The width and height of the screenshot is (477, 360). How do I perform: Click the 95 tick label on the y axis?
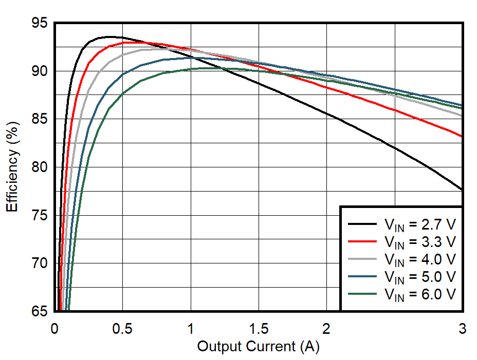39,24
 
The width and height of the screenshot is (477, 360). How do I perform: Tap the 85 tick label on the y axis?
39,119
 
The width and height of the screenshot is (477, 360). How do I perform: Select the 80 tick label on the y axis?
39,167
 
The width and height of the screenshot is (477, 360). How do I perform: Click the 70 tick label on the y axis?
39,263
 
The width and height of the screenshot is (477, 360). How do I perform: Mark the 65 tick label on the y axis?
39,311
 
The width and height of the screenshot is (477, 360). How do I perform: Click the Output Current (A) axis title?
258,347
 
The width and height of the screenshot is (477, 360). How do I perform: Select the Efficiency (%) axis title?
13,167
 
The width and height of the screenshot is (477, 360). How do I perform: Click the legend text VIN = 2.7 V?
419,224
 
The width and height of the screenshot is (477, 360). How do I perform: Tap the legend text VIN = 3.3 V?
419,241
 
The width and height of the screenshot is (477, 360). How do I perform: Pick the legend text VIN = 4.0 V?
419,259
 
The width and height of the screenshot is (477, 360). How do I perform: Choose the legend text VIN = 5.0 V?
419,276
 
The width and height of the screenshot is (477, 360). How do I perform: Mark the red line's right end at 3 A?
462,137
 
